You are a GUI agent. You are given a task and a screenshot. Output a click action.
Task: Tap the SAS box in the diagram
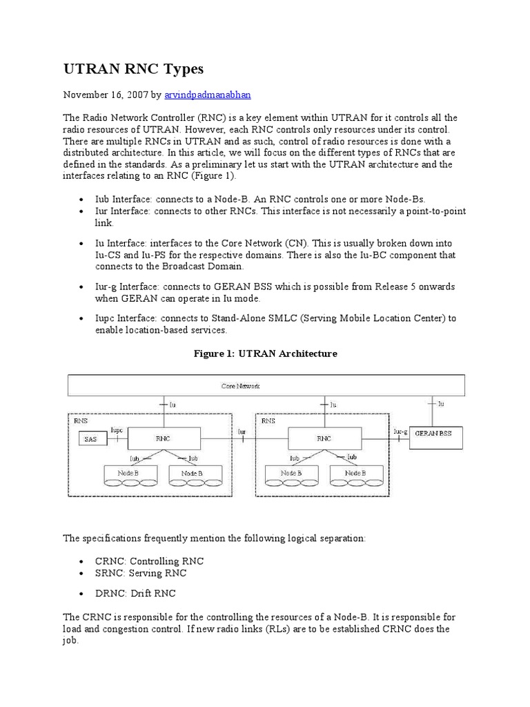point(90,438)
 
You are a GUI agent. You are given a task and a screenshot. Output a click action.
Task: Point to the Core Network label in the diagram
point(240,385)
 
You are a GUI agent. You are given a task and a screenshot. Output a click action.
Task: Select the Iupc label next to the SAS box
point(117,431)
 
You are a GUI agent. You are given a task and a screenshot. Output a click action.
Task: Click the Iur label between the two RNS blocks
point(242,431)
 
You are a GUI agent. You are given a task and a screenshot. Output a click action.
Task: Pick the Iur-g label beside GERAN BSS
point(400,431)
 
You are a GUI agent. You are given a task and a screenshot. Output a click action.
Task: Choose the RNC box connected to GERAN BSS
point(323,438)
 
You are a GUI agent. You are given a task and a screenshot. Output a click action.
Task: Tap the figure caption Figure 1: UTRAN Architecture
point(265,353)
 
